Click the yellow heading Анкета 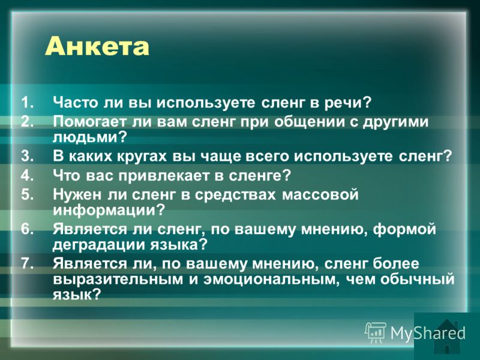click(97, 47)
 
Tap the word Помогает click(89, 122)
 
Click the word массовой click(320, 194)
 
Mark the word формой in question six click(404, 229)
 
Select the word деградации click(98, 245)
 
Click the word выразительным click(118, 280)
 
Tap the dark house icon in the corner click(448, 336)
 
